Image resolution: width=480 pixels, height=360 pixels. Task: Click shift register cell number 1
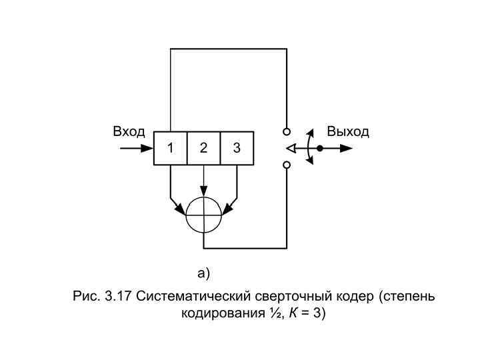click(171, 148)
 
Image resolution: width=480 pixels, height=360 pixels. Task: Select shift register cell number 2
click(204, 148)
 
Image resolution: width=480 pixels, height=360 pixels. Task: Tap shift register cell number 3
click(237, 148)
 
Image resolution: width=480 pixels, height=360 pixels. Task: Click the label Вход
click(129, 131)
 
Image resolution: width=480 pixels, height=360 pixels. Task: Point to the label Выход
click(348, 131)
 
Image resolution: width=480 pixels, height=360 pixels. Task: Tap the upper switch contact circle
click(287, 132)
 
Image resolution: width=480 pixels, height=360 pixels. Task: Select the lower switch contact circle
click(287, 165)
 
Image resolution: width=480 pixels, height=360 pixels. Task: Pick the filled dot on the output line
click(320, 148)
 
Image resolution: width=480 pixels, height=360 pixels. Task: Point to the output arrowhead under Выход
click(346, 148)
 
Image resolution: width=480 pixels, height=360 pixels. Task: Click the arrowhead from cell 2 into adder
click(204, 193)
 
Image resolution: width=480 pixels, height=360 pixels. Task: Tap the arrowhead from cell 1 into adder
click(182, 209)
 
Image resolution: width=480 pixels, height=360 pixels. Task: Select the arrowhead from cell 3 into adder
click(226, 209)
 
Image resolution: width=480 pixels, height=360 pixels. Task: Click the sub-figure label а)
click(203, 273)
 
